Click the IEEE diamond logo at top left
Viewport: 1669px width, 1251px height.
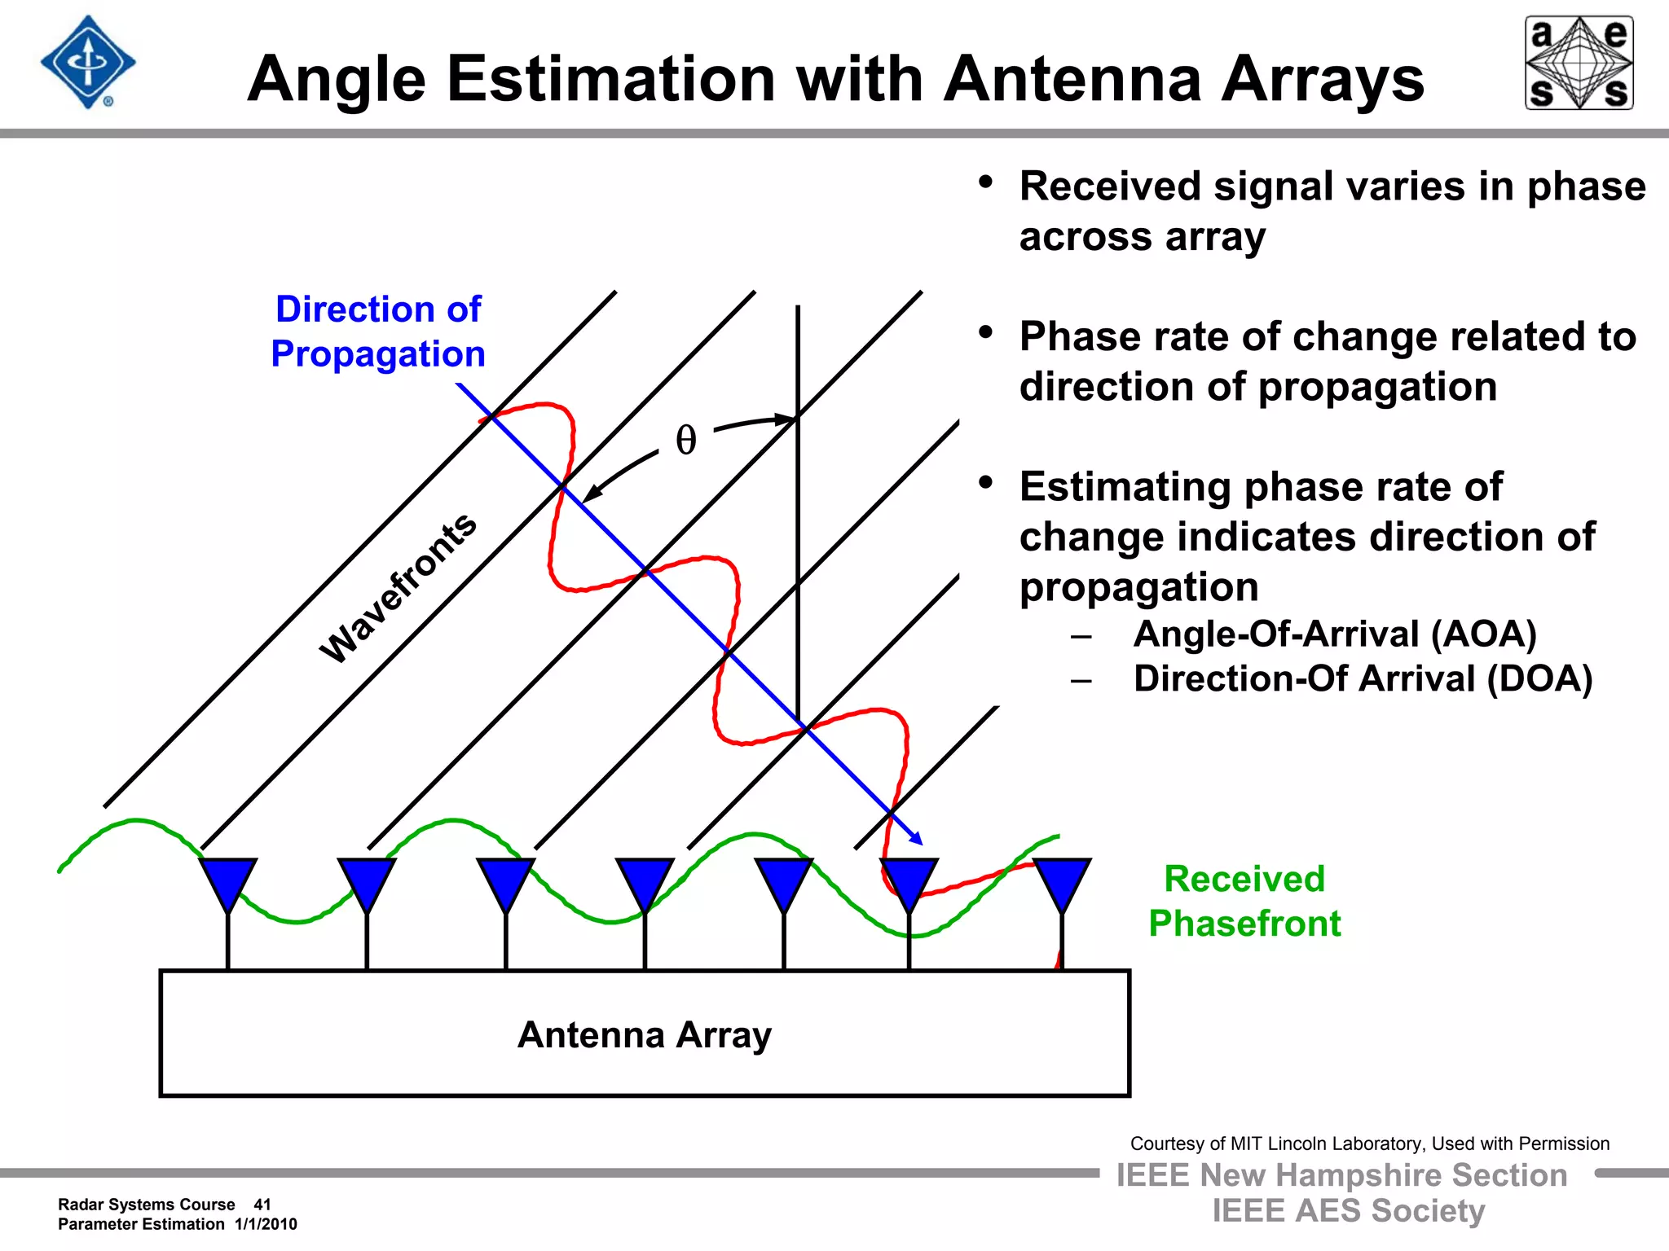(88, 62)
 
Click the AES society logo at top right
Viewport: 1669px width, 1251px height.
(1579, 63)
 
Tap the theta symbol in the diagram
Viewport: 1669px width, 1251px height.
(686, 440)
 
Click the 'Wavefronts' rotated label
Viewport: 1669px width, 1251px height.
(398, 587)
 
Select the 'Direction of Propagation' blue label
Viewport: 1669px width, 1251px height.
(378, 331)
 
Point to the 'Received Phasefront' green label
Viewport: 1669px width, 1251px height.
(1244, 901)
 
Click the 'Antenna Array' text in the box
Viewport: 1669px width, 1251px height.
(644, 1035)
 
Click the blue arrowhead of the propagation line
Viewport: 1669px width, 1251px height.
(916, 839)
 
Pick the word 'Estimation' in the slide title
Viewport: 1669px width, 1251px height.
(610, 79)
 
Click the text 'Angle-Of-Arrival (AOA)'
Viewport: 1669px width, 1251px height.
(1334, 634)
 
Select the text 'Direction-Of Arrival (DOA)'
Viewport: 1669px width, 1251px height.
(1363, 679)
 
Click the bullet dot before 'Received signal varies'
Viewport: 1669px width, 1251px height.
(986, 182)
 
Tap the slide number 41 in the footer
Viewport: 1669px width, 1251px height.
(262, 1205)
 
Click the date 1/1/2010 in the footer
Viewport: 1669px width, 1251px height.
(266, 1224)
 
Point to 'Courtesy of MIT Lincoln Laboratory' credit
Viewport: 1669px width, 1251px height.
(1369, 1143)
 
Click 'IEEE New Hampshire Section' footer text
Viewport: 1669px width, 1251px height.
(1341, 1175)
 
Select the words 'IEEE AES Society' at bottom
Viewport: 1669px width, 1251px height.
(1348, 1211)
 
